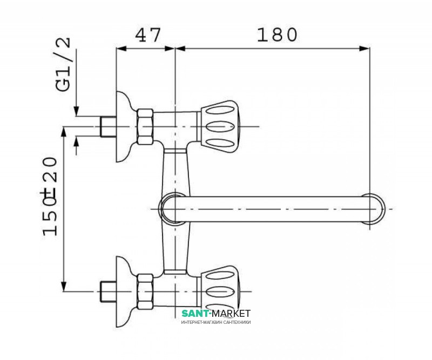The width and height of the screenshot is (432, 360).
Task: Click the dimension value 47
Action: tap(147, 35)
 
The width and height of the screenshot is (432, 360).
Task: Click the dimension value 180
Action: tap(277, 35)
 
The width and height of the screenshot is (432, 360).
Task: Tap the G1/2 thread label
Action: tap(63, 64)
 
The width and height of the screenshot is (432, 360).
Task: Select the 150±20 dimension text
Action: tap(50, 196)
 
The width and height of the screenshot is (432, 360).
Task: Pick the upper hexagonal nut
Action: tap(145, 127)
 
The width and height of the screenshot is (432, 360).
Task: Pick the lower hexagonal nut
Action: tap(145, 291)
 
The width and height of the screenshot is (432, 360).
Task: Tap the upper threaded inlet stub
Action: tap(107, 127)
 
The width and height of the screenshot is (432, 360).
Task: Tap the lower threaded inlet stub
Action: tap(107, 291)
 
